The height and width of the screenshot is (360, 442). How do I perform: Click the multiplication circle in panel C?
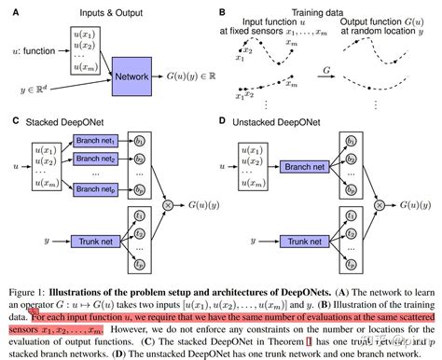[169, 202]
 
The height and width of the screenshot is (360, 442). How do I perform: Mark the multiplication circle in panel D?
[379, 202]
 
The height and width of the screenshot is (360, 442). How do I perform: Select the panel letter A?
[9, 11]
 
